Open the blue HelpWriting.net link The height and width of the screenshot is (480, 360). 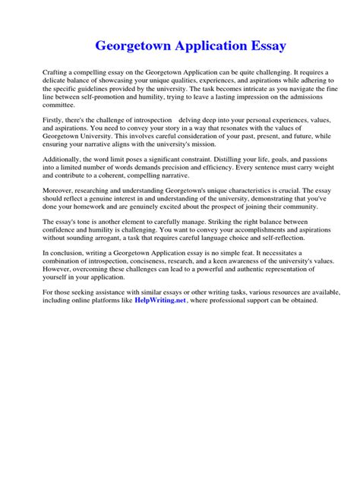(160, 301)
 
